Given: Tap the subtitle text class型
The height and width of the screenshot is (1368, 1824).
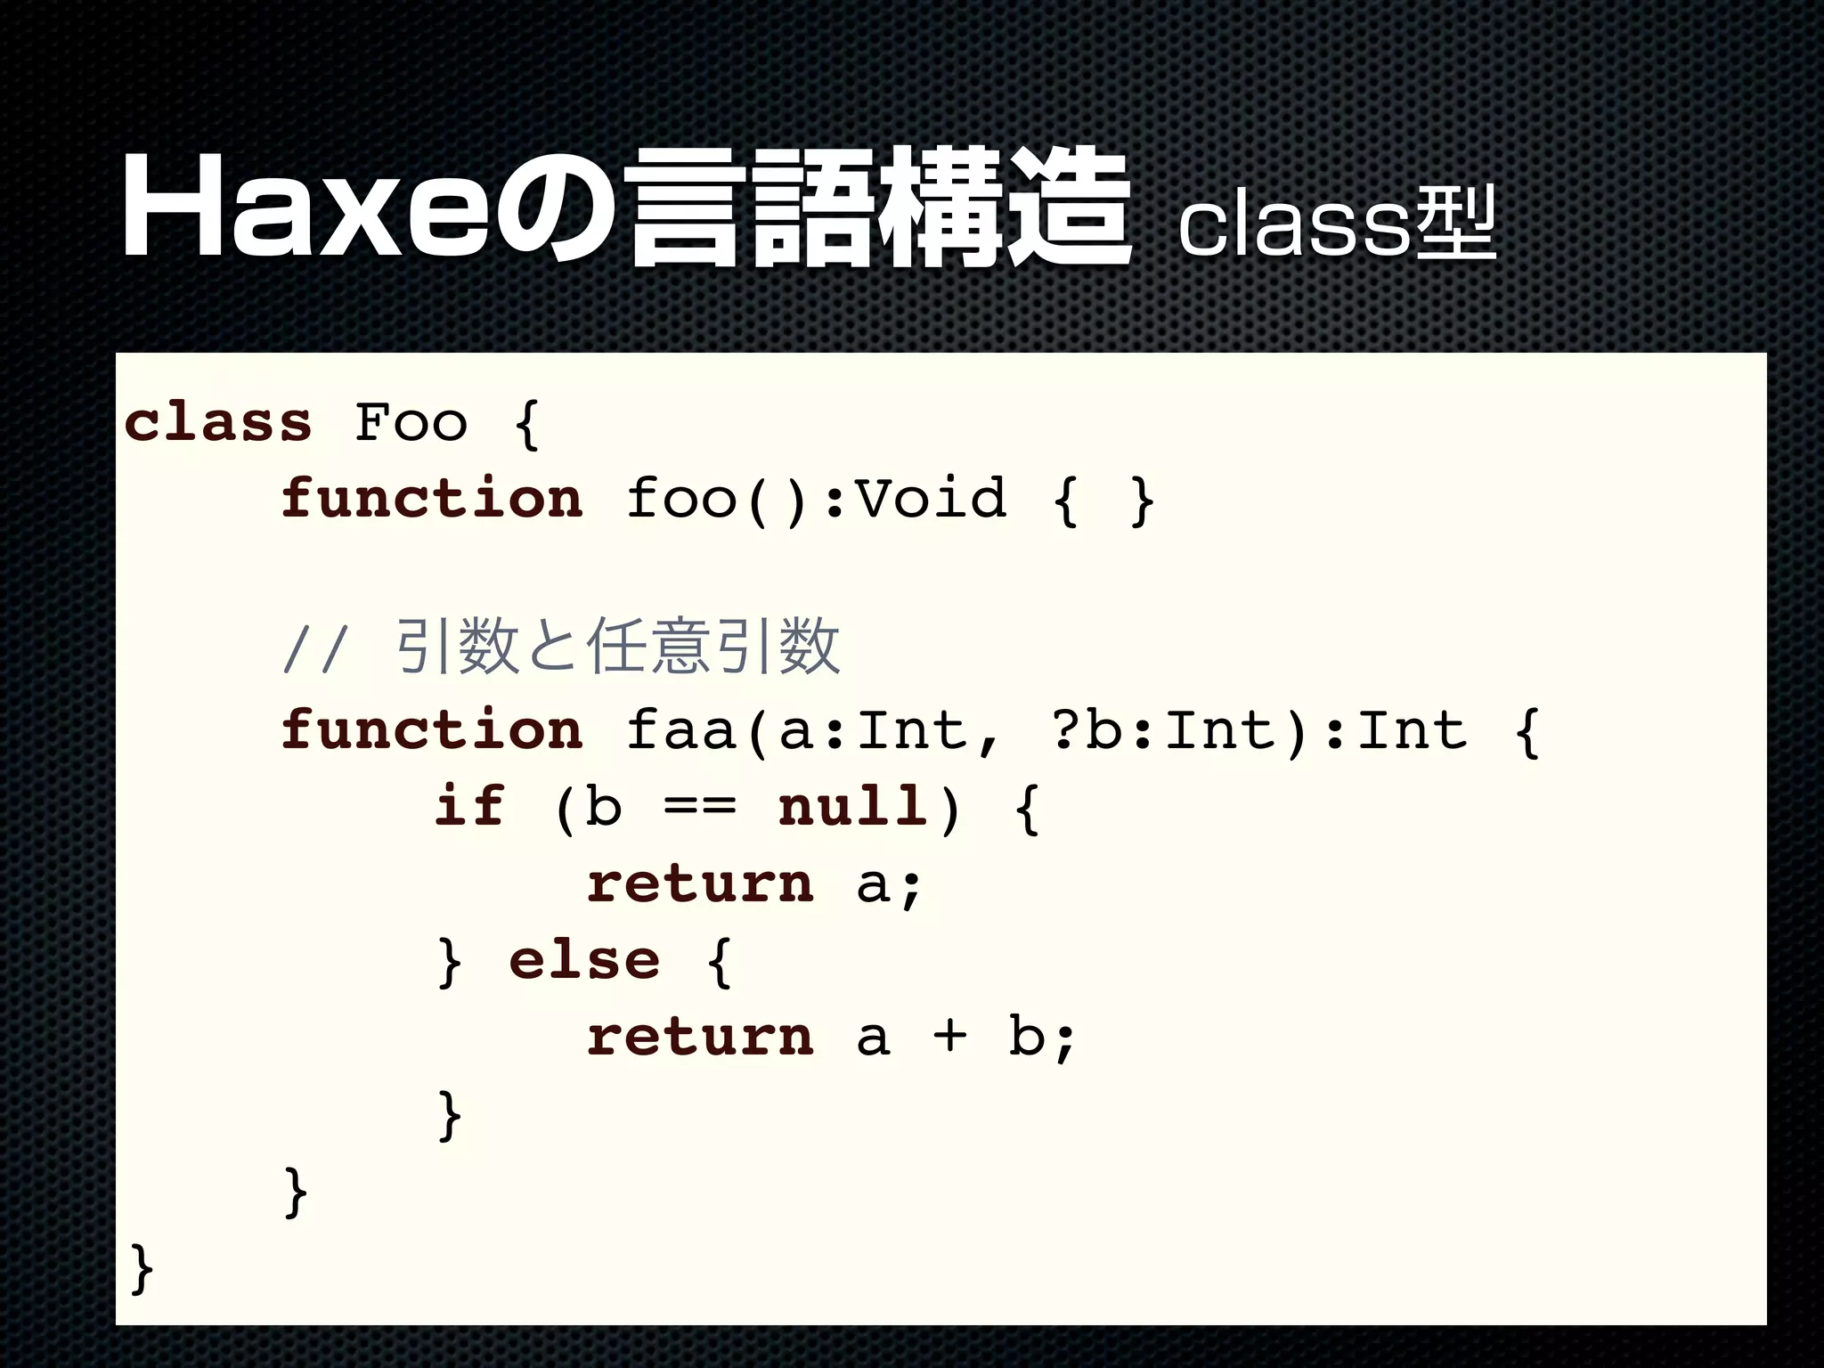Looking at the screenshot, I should pyautogui.click(x=1336, y=224).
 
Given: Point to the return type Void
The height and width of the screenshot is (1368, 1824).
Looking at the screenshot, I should pyautogui.click(x=932, y=498).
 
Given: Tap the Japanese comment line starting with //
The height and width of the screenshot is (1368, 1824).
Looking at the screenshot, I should pyautogui.click(x=561, y=647).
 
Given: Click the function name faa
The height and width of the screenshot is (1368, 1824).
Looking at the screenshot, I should pyautogui.click(x=681, y=730).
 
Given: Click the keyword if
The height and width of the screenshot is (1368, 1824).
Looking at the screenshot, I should pyautogui.click(x=469, y=807).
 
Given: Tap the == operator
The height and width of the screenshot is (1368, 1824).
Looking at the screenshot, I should pyautogui.click(x=700, y=807).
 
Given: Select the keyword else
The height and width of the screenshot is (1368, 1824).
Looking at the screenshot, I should pyautogui.click(x=584, y=961).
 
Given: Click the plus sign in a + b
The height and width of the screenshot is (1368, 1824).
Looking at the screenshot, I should pyautogui.click(x=949, y=1037).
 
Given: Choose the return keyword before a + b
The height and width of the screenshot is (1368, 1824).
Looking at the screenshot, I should pyautogui.click(x=700, y=1037).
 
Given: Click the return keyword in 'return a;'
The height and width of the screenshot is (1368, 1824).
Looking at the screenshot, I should pyautogui.click(x=700, y=883).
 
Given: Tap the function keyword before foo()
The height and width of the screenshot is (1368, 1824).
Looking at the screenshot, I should pyautogui.click(x=432, y=498).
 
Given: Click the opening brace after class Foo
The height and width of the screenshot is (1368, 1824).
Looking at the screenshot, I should pyautogui.click(x=527, y=423).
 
